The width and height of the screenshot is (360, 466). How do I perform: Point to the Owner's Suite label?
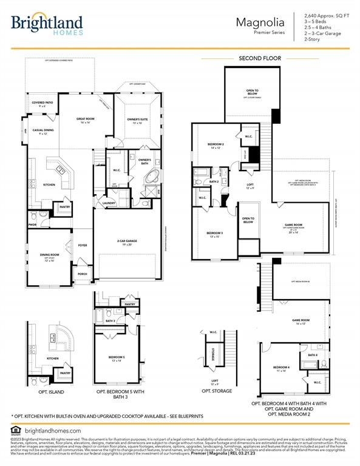click(137, 120)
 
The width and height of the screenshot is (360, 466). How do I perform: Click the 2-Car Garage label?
click(127, 241)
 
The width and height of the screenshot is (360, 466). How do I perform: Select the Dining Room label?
click(50, 255)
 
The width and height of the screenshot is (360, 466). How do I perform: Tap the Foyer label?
click(82, 245)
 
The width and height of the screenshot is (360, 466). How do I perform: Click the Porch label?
click(82, 274)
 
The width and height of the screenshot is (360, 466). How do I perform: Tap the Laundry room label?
click(109, 203)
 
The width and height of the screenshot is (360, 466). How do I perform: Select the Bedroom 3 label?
click(214, 234)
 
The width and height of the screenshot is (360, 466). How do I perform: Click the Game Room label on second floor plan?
click(293, 225)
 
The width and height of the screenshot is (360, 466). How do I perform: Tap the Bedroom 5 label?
click(117, 357)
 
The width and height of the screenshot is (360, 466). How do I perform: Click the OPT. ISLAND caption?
click(50, 391)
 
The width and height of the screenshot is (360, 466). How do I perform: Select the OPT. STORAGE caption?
click(217, 391)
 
